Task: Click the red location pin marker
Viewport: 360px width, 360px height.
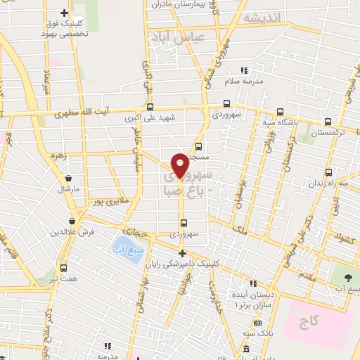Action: tap(180, 165)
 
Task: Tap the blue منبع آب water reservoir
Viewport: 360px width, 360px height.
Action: tap(124, 247)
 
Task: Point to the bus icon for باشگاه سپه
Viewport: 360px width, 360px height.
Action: tap(281, 112)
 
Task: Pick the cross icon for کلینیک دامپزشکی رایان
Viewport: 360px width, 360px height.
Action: tap(182, 253)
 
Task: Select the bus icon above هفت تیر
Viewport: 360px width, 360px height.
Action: tap(64, 268)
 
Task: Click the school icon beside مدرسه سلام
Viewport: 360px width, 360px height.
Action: tap(244, 71)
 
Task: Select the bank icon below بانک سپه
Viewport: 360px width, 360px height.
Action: tap(246, 349)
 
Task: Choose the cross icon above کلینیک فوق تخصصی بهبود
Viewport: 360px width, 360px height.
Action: tap(65, 13)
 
